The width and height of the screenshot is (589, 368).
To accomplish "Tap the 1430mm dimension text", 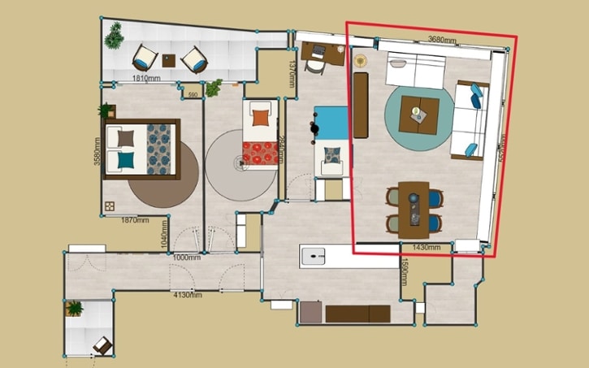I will point(427,246).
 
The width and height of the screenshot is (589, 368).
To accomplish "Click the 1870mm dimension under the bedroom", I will point(135,219).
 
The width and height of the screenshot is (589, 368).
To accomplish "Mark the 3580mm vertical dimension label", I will point(97,150).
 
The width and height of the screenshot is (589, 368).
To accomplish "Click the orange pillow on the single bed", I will point(260,116).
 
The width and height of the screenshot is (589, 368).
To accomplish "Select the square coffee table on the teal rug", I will point(420,115).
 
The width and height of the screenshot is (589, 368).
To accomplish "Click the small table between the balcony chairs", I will point(169,59).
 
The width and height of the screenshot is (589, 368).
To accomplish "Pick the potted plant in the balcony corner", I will point(114,34).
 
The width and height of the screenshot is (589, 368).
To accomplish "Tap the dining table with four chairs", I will point(415,208).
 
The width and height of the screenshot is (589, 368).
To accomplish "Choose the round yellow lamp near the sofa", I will point(360,59).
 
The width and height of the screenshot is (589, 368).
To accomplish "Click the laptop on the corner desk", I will point(319,50).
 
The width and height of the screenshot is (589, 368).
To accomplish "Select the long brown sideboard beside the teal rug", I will point(361,105).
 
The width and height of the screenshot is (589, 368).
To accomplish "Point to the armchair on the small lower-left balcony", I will point(102,345).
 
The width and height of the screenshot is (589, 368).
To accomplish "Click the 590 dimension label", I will point(193,96).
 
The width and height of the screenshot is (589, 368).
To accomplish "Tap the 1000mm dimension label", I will point(186,258).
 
